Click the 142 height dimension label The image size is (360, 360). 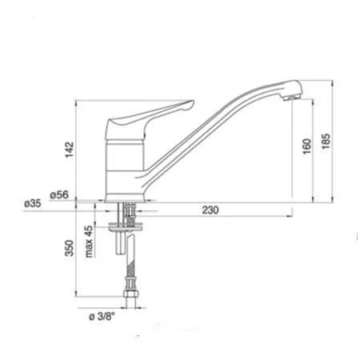click(x=70, y=150)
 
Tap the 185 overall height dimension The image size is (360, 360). click(x=326, y=142)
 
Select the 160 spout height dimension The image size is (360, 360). click(x=307, y=146)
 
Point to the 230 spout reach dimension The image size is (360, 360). click(x=210, y=210)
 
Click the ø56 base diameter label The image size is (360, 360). click(x=59, y=194)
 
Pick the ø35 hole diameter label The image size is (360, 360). click(x=33, y=204)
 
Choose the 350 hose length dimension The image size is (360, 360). click(x=70, y=248)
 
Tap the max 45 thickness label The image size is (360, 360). click(x=90, y=242)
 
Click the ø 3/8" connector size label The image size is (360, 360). click(x=102, y=317)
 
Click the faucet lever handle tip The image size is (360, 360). click(x=191, y=102)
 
